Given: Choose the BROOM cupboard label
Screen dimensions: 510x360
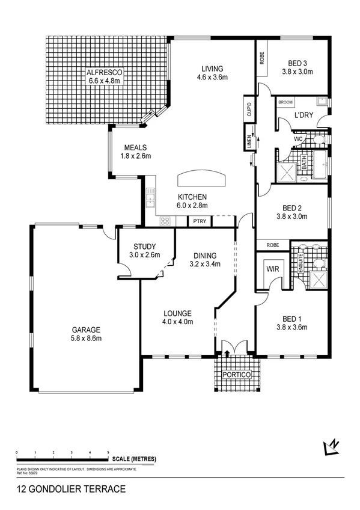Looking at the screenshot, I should point(285,103).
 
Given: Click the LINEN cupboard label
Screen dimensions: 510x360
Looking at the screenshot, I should point(248,143).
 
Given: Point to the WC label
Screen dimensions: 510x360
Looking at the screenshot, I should point(297,139).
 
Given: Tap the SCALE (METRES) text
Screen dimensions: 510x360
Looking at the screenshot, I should point(134,459).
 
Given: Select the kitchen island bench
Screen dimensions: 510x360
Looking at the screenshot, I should point(202,179).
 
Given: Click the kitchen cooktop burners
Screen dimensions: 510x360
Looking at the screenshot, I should point(165,221).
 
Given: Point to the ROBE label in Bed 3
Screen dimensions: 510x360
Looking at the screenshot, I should point(262,58).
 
